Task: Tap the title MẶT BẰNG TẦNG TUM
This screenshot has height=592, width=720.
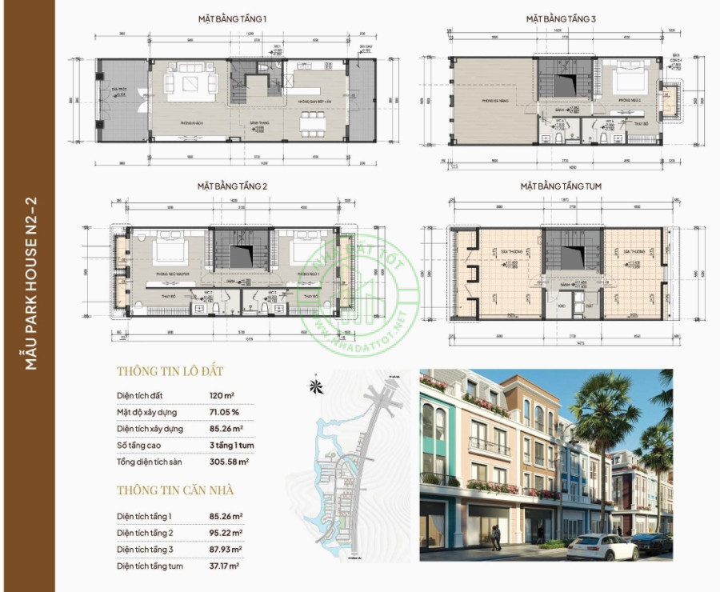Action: point(561,186)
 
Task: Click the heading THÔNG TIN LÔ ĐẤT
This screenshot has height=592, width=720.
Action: point(170,371)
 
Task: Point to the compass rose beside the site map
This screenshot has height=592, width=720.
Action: point(318,386)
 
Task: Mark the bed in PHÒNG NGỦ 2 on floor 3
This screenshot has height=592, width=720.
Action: point(626,84)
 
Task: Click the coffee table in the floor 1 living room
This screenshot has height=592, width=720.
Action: point(192,84)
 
